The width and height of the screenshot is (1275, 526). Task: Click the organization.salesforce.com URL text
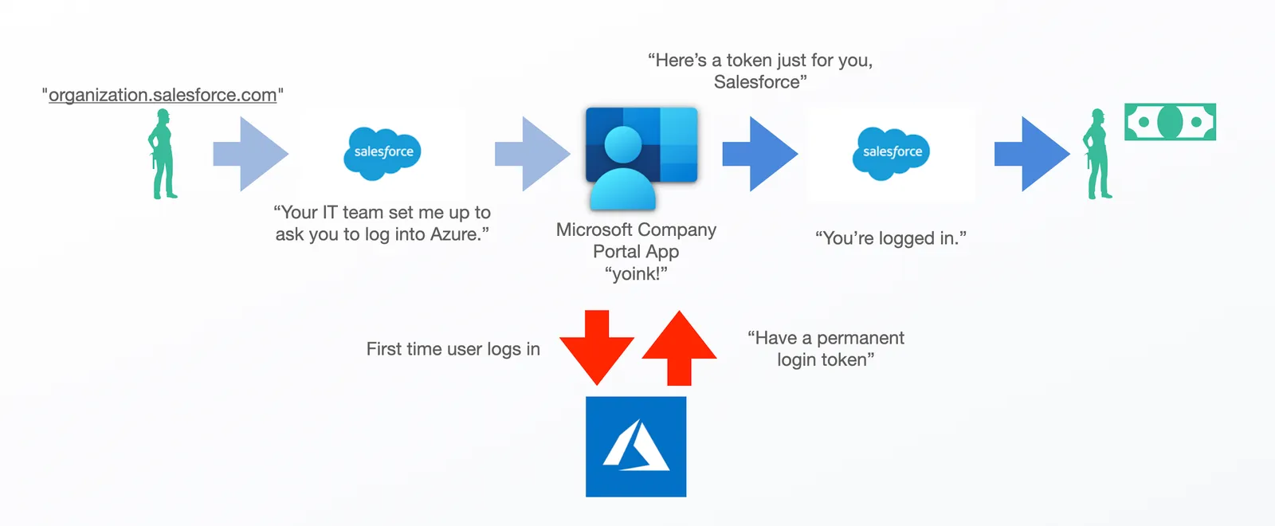click(x=163, y=95)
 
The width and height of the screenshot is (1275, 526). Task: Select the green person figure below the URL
click(x=163, y=155)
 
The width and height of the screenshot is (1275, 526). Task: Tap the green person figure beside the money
click(x=1098, y=155)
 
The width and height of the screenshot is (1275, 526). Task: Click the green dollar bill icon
click(x=1170, y=122)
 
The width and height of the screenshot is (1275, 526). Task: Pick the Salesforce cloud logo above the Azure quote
click(x=382, y=152)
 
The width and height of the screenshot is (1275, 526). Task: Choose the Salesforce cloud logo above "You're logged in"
click(x=891, y=152)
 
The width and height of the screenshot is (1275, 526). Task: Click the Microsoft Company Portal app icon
click(x=641, y=156)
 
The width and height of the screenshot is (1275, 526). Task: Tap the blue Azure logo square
click(x=636, y=446)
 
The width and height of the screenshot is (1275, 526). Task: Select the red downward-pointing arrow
click(x=597, y=347)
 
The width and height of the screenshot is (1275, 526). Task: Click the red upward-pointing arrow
click(x=679, y=347)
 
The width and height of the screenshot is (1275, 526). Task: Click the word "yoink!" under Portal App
click(x=636, y=274)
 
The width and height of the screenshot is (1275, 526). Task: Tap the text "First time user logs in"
click(x=453, y=349)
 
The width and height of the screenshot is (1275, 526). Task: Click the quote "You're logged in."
click(x=890, y=238)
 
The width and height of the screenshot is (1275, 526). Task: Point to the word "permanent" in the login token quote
click(x=860, y=338)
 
